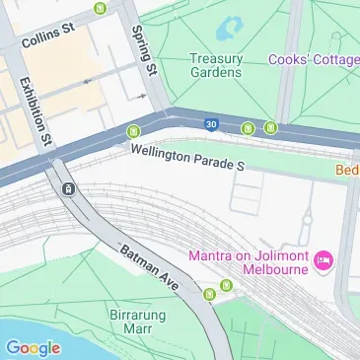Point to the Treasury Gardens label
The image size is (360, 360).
[x=215, y=65]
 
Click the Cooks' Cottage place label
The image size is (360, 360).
[x=314, y=59]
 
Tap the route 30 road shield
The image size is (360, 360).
[x=211, y=123]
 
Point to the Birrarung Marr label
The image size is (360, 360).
[x=137, y=324]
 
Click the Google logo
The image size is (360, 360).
[x=33, y=347]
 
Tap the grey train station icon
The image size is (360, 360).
[x=67, y=188]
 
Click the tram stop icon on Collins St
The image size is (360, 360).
[x=101, y=8]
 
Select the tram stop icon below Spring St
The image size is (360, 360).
[x=132, y=132]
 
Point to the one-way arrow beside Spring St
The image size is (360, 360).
[x=142, y=97]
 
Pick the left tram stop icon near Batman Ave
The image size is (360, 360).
[x=209, y=293]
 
